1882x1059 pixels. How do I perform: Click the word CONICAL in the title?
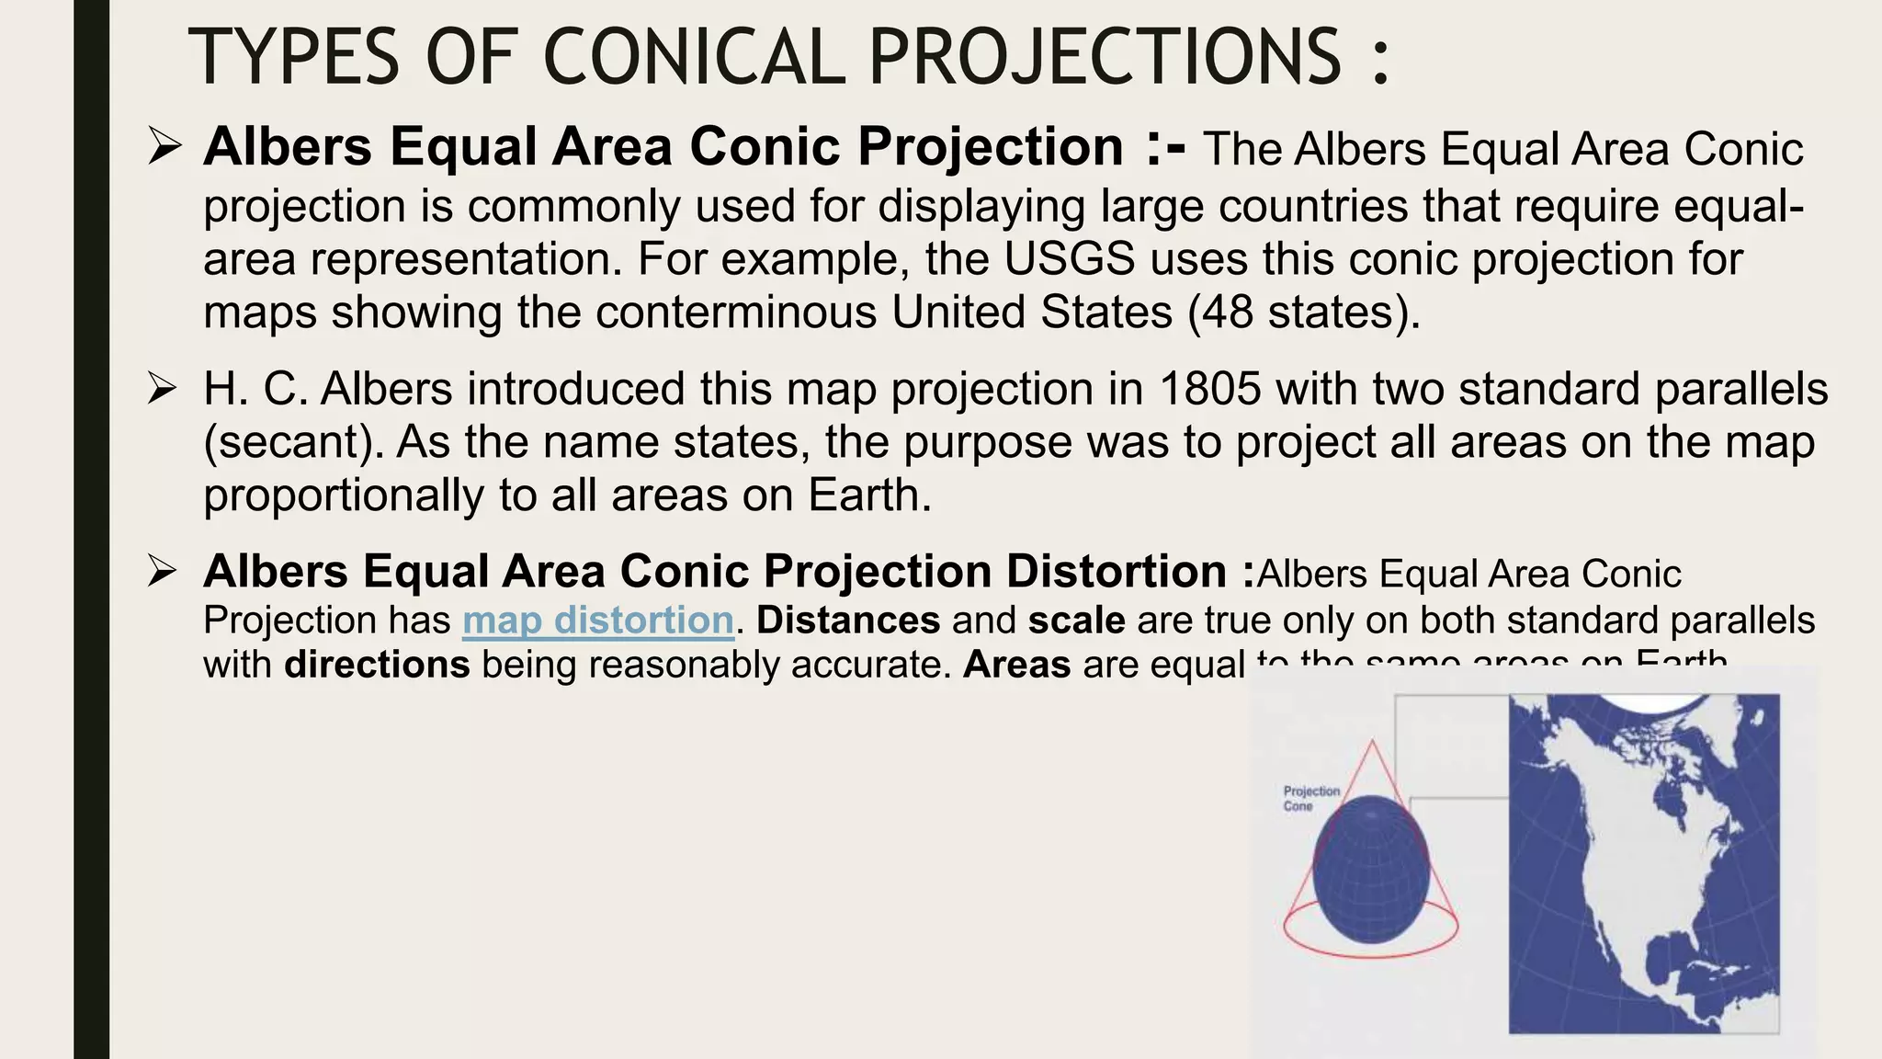(x=694, y=57)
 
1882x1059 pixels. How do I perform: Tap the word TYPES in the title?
(x=293, y=57)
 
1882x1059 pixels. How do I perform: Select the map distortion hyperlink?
(x=598, y=620)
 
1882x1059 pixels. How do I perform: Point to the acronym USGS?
(x=1069, y=258)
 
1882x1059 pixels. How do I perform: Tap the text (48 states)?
(x=1304, y=312)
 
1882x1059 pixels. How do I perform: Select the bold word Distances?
(x=848, y=620)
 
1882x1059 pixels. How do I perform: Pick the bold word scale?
(x=1076, y=620)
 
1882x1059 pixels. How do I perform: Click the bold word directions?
(x=377, y=664)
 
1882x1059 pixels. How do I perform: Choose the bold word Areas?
(x=1016, y=664)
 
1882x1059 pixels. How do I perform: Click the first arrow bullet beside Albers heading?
(x=164, y=147)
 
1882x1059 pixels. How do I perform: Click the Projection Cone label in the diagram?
(x=1311, y=798)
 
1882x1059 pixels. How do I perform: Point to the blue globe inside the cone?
(x=1370, y=870)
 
